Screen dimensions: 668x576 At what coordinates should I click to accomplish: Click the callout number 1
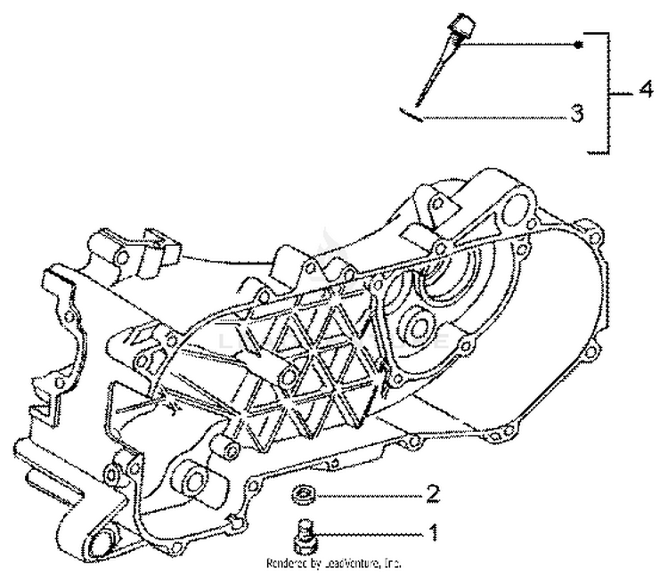pos(434,533)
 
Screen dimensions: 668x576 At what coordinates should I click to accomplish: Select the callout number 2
pos(433,492)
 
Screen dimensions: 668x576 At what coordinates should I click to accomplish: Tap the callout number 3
pos(576,115)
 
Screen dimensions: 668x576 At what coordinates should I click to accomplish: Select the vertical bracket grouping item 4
pos(609,91)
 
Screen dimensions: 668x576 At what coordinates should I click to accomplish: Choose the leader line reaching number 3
pos(490,116)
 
